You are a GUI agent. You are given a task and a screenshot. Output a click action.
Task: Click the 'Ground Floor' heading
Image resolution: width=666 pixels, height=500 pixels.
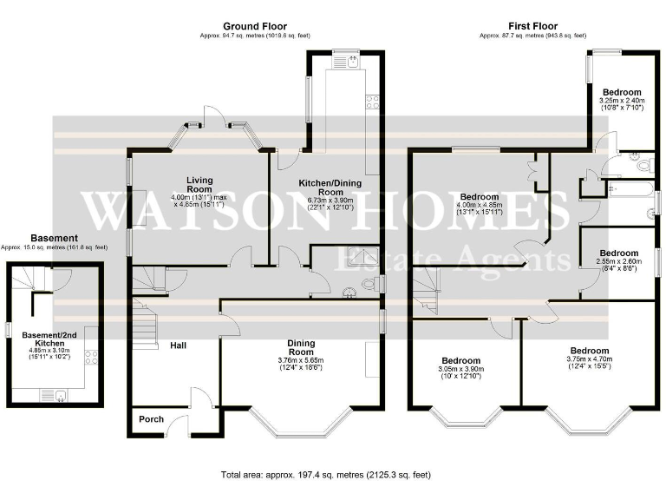[255, 27]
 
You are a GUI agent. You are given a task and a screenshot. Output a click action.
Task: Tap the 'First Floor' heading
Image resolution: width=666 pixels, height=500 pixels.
[532, 27]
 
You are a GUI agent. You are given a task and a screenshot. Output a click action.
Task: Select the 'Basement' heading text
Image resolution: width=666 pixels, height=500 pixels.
[54, 238]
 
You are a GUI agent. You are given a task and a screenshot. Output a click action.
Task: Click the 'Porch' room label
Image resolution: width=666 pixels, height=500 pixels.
[152, 419]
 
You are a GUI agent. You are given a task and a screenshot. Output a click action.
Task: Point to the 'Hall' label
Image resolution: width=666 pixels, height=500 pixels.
[178, 345]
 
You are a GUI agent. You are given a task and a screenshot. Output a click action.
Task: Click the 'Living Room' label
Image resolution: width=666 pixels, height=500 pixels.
[199, 184]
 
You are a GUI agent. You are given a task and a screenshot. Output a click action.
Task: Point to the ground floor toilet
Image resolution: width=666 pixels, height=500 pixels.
[371, 284]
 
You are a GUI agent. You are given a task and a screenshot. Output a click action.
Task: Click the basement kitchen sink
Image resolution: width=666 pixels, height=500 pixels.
[61, 397]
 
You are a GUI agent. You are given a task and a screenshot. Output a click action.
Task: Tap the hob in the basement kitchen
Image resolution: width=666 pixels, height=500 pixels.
[93, 362]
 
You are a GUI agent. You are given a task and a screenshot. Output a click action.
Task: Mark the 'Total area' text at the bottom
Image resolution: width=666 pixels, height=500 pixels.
[326, 476]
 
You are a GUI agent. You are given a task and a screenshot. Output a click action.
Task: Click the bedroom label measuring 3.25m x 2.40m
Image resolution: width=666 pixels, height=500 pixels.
[622, 92]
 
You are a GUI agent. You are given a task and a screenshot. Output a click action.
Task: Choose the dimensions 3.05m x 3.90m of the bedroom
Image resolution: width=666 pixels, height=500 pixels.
[460, 369]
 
